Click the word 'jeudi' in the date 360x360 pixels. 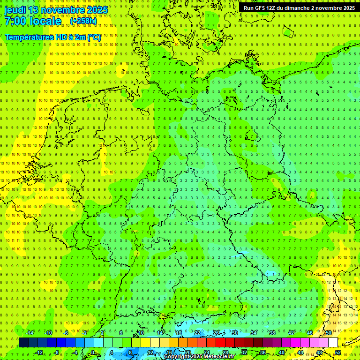point(15,10)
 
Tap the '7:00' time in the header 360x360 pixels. point(15,22)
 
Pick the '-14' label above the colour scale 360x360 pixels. point(30,333)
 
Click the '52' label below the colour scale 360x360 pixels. point(338,352)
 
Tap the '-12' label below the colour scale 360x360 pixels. point(39,352)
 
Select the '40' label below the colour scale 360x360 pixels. point(282,352)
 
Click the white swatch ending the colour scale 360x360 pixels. point(333,343)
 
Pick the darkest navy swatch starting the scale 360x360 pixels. point(23,343)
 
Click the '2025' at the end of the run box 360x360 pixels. point(347,8)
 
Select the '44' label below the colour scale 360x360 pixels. point(300,352)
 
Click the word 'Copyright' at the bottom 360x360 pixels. point(179,357)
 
